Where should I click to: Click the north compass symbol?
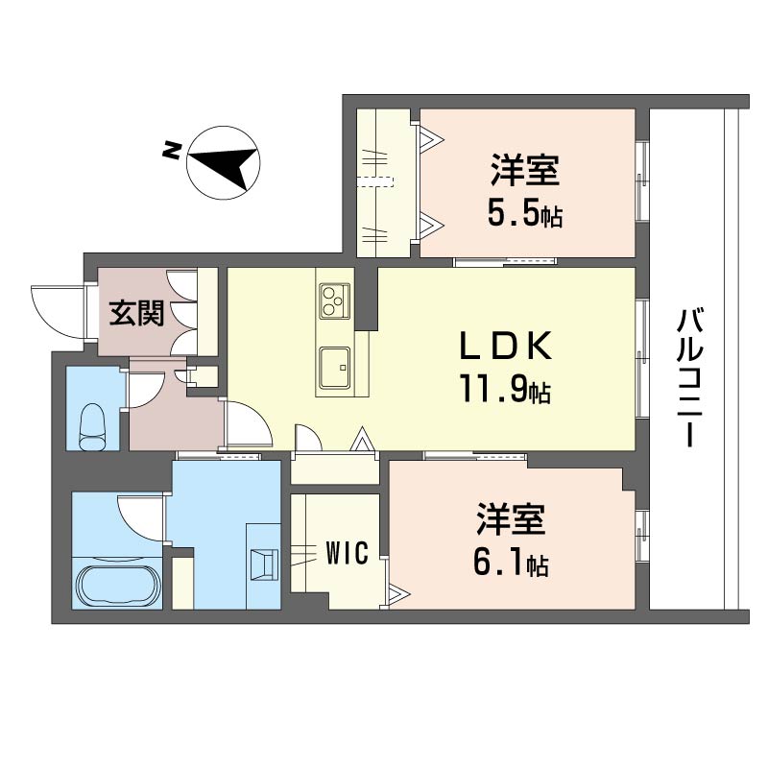(224, 162)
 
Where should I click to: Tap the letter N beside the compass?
(171, 151)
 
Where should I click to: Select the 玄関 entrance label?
(136, 313)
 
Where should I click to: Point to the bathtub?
(119, 586)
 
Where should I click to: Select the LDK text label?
(505, 346)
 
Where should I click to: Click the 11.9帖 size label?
(505, 389)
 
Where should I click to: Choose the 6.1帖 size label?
(511, 563)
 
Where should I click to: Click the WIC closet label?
(348, 554)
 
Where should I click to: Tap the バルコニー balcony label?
(689, 378)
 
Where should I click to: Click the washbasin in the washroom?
(263, 564)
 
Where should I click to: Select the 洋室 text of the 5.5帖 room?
(524, 171)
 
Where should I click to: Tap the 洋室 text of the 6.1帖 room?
(511, 519)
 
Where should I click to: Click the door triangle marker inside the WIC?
(397, 595)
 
